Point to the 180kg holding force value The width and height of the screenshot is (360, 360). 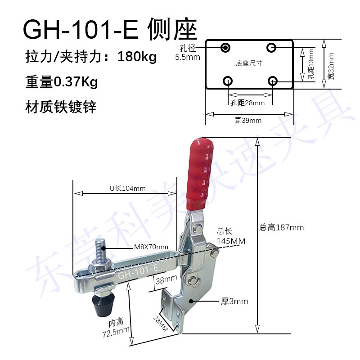(137, 57)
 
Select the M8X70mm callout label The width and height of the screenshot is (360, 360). (151, 247)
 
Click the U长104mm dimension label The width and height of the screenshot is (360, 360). (127, 189)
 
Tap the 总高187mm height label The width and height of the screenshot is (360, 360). (282, 227)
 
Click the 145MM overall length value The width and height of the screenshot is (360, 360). (231, 241)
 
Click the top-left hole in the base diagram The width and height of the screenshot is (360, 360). (225, 47)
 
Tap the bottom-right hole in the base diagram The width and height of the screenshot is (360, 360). (272, 81)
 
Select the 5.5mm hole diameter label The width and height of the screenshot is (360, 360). (187, 57)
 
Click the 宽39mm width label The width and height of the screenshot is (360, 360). (247, 120)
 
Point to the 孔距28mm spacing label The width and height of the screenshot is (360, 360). (247, 103)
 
